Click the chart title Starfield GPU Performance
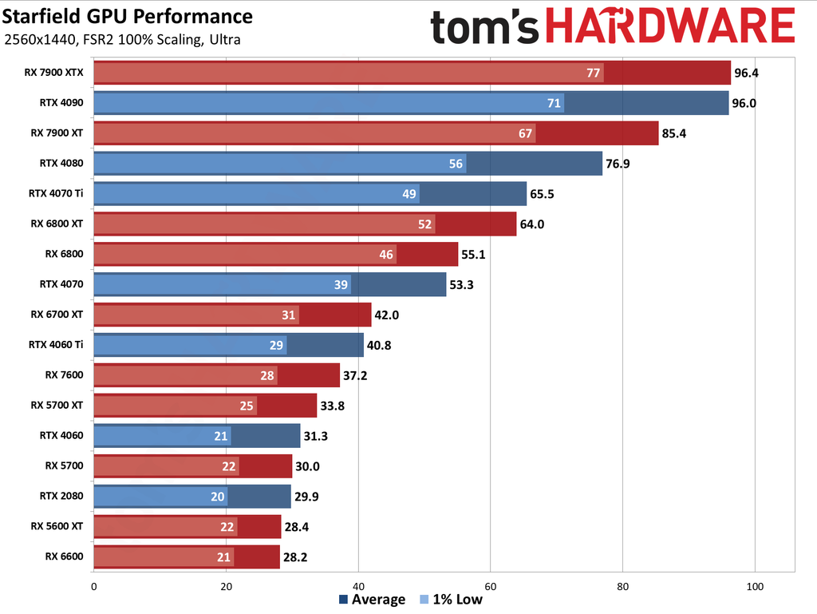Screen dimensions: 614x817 128,17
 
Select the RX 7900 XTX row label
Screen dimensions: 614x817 53,72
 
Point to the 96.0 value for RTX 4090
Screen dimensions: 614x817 745,103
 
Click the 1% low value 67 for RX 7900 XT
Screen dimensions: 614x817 525,133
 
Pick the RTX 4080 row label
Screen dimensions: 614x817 61,163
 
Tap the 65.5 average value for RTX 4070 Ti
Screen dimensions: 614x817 543,194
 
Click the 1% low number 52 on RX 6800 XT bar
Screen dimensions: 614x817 424,224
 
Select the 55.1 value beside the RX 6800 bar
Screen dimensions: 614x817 474,255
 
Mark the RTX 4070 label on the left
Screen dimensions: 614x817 61,283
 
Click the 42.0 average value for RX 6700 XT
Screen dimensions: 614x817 387,315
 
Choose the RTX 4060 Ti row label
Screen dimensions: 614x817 56,344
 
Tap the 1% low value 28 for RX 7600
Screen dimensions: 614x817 267,375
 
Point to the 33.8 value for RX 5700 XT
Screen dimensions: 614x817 333,406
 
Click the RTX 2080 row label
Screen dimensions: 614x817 61,495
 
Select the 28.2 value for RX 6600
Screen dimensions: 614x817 296,557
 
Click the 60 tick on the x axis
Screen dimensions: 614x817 491,585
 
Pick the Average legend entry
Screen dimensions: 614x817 372,600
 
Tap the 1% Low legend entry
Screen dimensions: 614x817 452,600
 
